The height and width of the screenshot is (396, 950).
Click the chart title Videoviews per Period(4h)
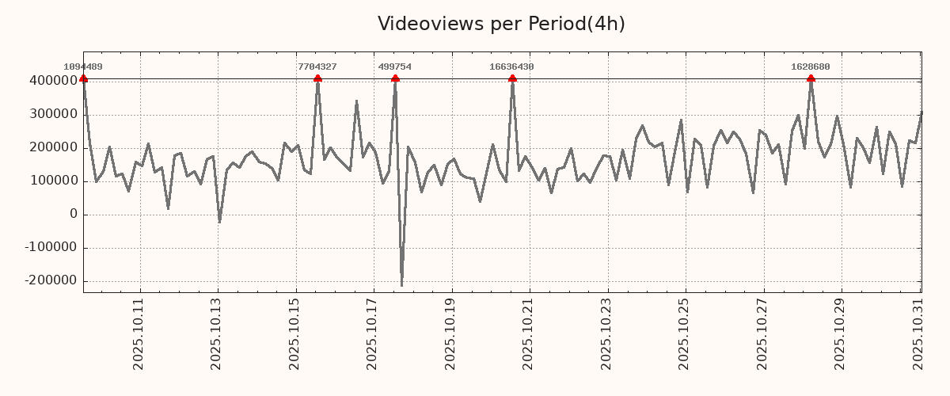pyautogui.click(x=501, y=24)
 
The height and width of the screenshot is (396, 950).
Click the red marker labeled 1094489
pyautogui.click(x=84, y=78)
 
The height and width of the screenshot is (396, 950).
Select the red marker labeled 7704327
pyautogui.click(x=317, y=78)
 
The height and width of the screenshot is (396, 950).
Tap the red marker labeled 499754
pyautogui.click(x=395, y=78)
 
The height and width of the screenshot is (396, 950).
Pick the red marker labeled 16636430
pyautogui.click(x=512, y=78)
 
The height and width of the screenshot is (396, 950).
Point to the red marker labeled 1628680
pyautogui.click(x=811, y=78)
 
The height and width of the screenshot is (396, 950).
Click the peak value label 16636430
pyautogui.click(x=511, y=67)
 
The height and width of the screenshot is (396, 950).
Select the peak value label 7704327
pyautogui.click(x=317, y=67)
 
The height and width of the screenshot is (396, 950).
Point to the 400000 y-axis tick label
pyautogui.click(x=53, y=81)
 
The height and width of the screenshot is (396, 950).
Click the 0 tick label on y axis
pyautogui.click(x=74, y=214)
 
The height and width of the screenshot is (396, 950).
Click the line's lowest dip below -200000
pyautogui.click(x=401, y=285)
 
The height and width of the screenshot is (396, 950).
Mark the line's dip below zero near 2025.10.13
pyautogui.click(x=219, y=222)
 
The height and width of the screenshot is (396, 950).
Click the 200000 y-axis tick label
pyautogui.click(x=53, y=147)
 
